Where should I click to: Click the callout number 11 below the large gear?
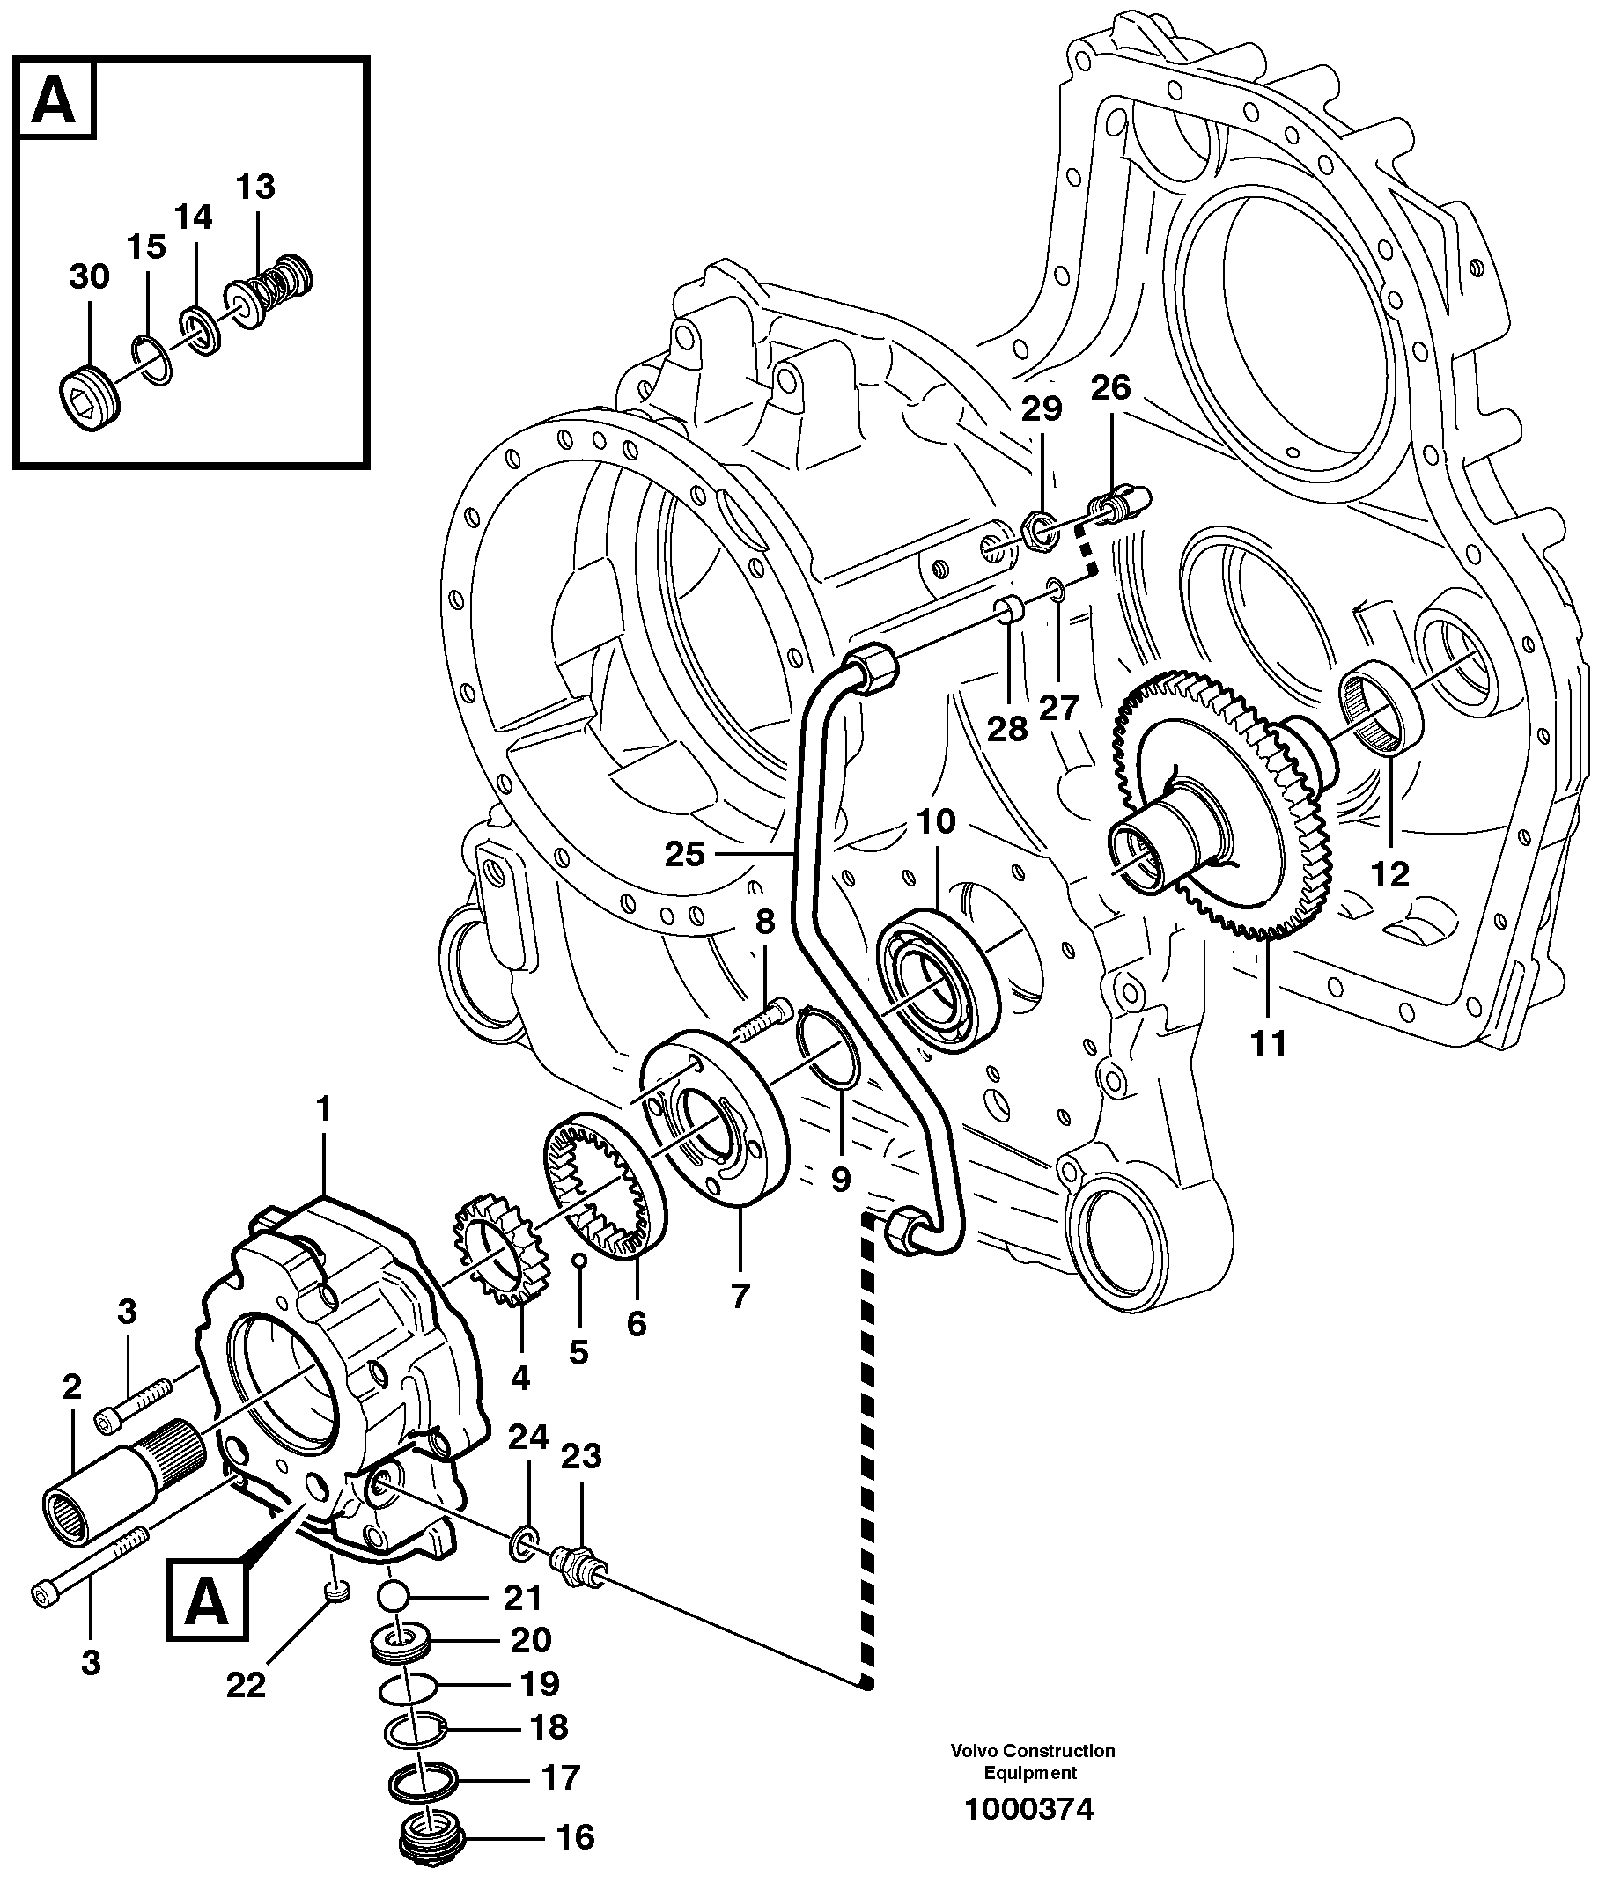[x=1269, y=1043]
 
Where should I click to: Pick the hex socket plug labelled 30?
[x=87, y=398]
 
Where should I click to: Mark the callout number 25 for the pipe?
[x=684, y=854]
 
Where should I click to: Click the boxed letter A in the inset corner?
[x=55, y=100]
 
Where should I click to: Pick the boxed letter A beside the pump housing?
[x=206, y=1604]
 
